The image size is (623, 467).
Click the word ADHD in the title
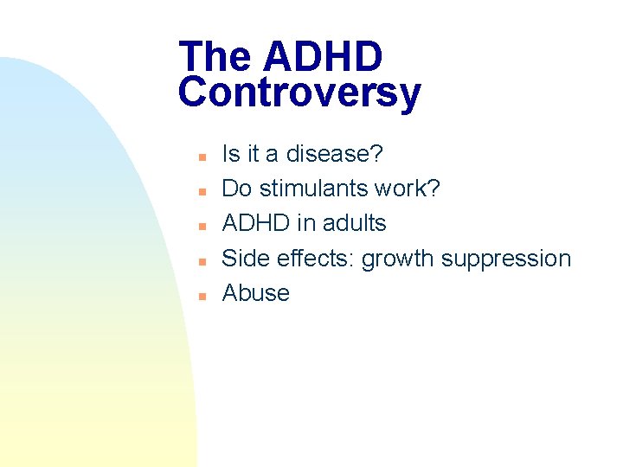pyautogui.click(x=323, y=57)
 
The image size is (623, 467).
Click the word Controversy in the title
pyautogui.click(x=299, y=93)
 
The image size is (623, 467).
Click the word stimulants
pyautogui.click(x=313, y=189)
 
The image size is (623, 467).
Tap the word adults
pyautogui.click(x=353, y=223)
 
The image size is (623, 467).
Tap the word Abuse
pyautogui.click(x=255, y=293)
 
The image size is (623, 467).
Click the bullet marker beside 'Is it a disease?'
pyautogui.click(x=199, y=157)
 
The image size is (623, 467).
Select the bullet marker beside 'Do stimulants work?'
pyautogui.click(x=199, y=191)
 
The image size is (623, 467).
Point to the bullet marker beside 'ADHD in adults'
pyautogui.click(x=199, y=226)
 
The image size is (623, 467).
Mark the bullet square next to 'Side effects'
pyautogui.click(x=199, y=260)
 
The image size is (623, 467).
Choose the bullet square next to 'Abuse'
pyautogui.click(x=199, y=295)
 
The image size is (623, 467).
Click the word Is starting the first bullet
pyautogui.click(x=231, y=154)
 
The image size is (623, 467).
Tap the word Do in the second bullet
pyautogui.click(x=235, y=189)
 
